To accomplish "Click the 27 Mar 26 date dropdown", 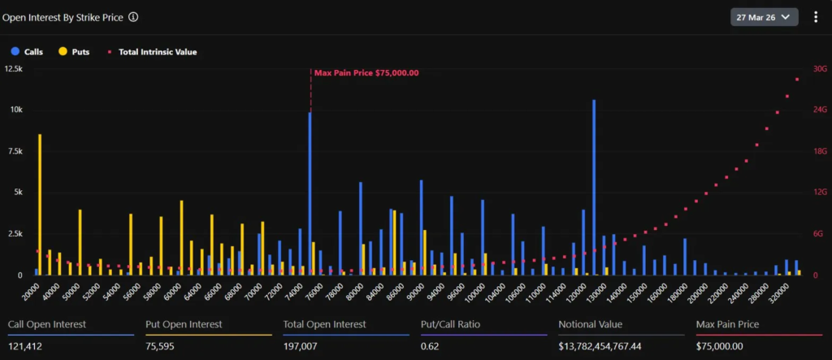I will click(x=764, y=17).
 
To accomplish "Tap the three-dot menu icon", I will click(x=816, y=17).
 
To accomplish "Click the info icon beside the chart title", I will click(x=133, y=16).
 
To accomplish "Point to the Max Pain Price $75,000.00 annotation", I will click(x=366, y=73).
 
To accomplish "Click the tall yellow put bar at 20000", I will click(x=40, y=203).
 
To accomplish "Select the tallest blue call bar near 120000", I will click(x=594, y=187).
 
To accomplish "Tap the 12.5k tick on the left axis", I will click(x=14, y=69).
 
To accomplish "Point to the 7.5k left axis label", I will click(x=14, y=151).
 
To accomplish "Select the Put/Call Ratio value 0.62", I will click(x=430, y=346).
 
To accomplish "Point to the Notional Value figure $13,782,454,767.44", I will click(x=600, y=346).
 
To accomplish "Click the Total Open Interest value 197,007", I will click(x=301, y=346).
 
